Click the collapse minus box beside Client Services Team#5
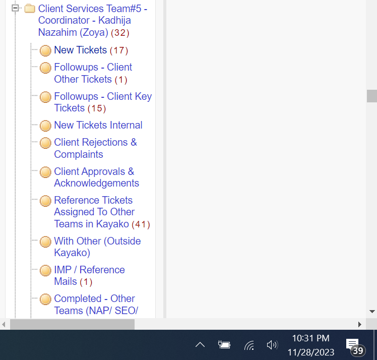coord(15,8)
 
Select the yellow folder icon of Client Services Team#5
coord(30,9)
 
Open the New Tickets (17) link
coord(91,50)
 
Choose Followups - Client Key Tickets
coord(103,102)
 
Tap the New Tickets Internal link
coord(98,125)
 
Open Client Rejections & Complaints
coord(95,148)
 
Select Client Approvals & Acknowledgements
coord(96,177)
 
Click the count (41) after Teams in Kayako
coord(141,224)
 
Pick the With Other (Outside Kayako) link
coord(97,247)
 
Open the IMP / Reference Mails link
coord(89,276)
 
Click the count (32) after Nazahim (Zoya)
coord(120,32)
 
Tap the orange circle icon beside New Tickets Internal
coord(45,126)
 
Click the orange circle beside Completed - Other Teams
coord(45,299)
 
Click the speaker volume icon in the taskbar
coord(272,345)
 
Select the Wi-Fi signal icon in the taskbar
coord(249,345)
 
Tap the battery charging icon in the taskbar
coord(224,344)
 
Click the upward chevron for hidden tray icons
coord(200,345)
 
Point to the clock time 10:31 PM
coord(310,338)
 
